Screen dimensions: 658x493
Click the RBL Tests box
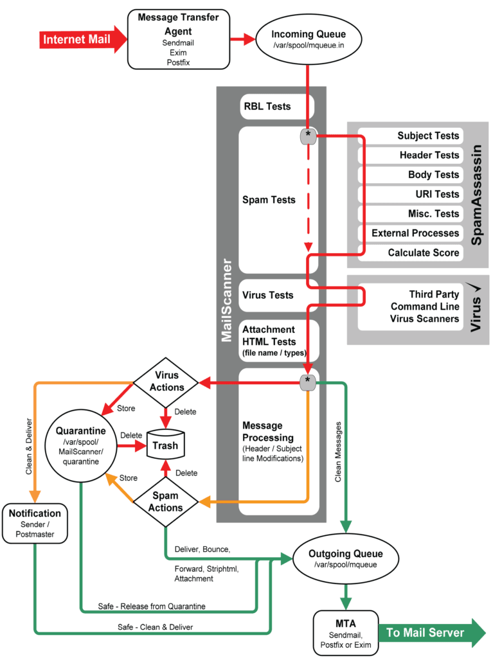click(x=276, y=107)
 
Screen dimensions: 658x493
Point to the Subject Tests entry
click(x=411, y=136)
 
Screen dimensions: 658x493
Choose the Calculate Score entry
click(x=411, y=253)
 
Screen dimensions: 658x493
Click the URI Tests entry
click(x=411, y=194)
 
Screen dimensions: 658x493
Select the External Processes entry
click(x=411, y=233)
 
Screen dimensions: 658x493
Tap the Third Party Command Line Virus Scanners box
click(x=411, y=307)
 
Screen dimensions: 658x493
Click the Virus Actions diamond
click(x=166, y=381)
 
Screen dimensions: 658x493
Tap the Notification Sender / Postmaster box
click(x=35, y=523)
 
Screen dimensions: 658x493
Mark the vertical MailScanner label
click(x=227, y=301)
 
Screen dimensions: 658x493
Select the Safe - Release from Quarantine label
click(x=152, y=606)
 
